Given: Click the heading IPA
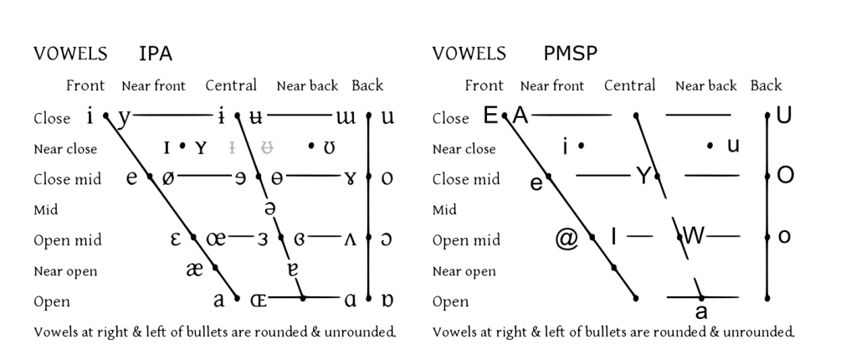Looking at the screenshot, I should pos(156,54).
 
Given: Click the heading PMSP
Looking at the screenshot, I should pos(570,54).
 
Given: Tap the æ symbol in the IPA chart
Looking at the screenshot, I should pos(195,270).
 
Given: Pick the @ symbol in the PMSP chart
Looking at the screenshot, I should pos(566,239).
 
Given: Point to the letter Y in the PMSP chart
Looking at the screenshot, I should pos(643,176).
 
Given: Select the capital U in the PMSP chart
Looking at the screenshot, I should pos(784,116).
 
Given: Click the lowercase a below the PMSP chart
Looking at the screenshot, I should pos(701,312).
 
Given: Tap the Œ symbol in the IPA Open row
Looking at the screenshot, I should pos(258,299).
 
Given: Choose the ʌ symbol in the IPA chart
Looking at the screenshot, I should pos(350,240).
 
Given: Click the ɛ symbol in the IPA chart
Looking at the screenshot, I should pos(177,239).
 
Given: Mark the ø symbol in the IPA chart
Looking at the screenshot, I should pos(168,178).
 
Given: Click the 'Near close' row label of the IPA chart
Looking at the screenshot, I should pos(65,149).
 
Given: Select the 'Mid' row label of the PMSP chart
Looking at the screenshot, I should pos(444,209).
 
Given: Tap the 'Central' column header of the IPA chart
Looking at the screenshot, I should pos(230,85).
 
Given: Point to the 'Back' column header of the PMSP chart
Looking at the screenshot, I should pos(766,85).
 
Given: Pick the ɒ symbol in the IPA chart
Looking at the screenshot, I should pos(387,300).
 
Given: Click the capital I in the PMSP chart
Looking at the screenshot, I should pos(613,237).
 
